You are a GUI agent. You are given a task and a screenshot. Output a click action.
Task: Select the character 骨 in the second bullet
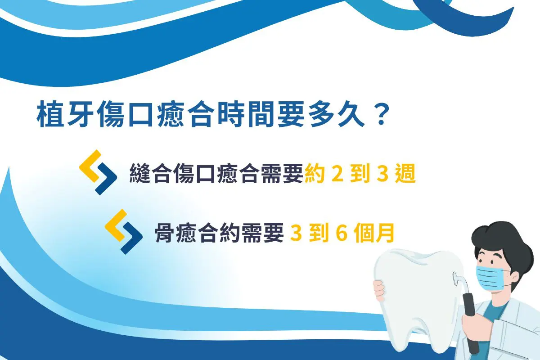pos(165,233)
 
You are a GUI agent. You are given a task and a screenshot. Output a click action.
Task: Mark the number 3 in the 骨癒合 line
pos(296,233)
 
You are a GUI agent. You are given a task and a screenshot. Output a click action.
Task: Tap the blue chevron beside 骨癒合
pos(131,238)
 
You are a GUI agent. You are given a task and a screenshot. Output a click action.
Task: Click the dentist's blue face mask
pos(490,278)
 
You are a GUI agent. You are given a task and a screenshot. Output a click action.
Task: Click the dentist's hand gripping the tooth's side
pos(379,290)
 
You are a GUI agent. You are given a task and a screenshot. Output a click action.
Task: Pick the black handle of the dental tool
pos(471,321)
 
